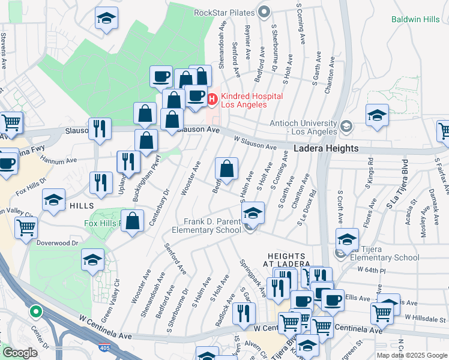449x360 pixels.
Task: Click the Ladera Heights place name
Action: pos(326,148)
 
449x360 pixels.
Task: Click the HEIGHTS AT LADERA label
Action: pos(289,260)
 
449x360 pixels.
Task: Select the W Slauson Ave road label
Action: pos(255,143)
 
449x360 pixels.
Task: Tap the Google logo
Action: pos(19,353)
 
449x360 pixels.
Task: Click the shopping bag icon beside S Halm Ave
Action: pos(226,169)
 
